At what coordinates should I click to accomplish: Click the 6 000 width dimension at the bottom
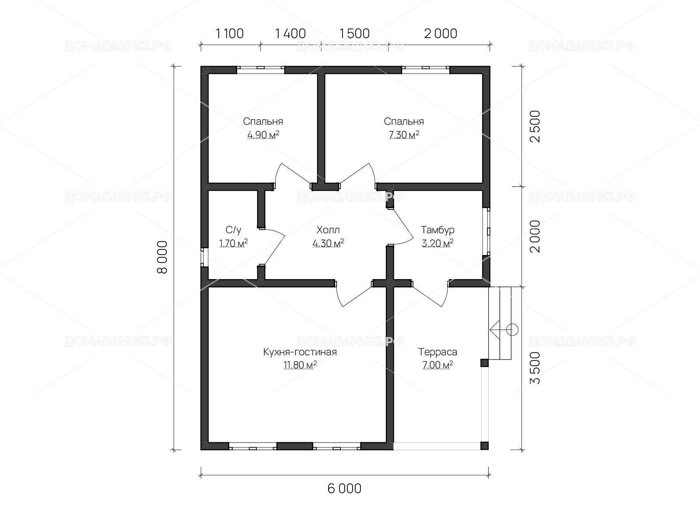[344, 489]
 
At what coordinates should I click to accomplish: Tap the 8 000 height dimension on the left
[162, 257]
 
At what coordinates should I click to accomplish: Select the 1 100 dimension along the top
[230, 34]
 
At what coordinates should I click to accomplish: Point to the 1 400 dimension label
[290, 34]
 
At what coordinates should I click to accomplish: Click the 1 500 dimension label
[354, 34]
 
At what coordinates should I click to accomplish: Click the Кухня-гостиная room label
[300, 352]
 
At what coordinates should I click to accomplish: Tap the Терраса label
[437, 352]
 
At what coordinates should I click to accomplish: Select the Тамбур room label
[437, 230]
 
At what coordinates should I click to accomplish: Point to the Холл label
[328, 230]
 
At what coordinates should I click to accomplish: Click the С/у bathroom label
[234, 230]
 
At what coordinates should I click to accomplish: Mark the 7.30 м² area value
[404, 135]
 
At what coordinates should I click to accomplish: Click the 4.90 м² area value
[263, 135]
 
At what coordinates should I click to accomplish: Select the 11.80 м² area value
[300, 365]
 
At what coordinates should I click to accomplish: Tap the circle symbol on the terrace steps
[512, 329]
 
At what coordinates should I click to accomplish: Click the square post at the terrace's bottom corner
[484, 446]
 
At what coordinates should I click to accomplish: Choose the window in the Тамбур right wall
[486, 231]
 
